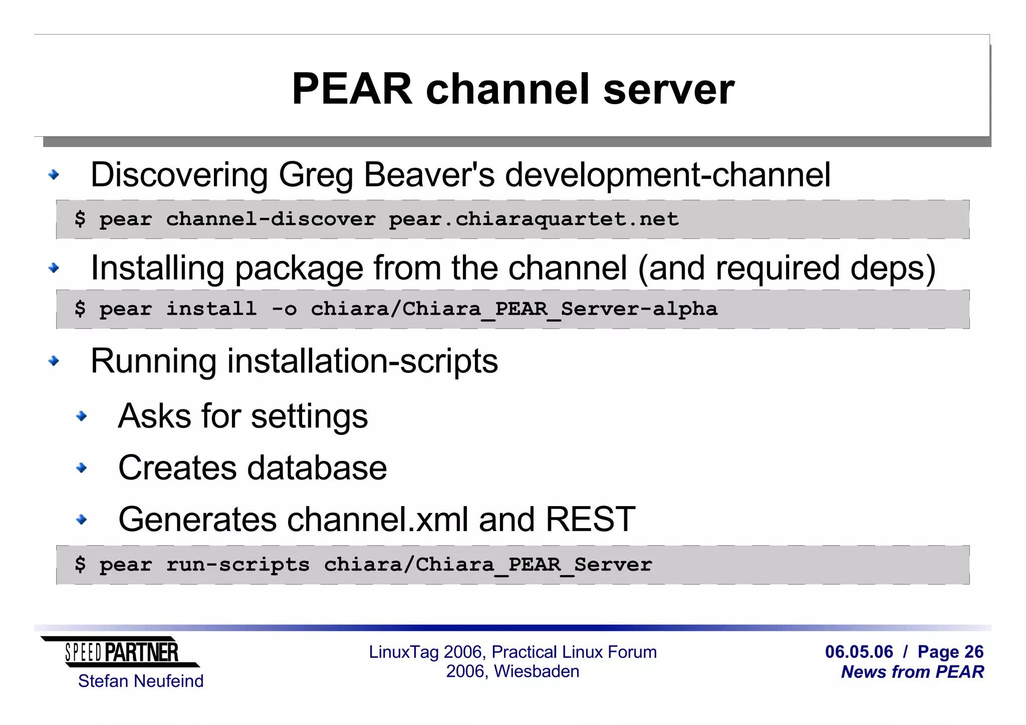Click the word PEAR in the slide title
(x=352, y=89)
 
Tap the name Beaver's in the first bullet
(x=429, y=175)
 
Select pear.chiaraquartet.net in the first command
(x=534, y=219)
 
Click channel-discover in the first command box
(x=271, y=219)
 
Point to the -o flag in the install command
(x=284, y=309)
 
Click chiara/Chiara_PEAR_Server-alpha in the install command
(x=514, y=309)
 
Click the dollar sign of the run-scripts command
(x=80, y=565)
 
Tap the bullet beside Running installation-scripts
(x=54, y=361)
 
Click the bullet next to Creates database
(x=81, y=468)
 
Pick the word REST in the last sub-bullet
(x=590, y=519)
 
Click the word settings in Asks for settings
(x=309, y=416)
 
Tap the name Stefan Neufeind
(x=141, y=681)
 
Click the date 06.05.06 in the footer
(x=859, y=652)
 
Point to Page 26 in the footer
(x=950, y=652)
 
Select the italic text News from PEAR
(x=912, y=672)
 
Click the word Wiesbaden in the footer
(x=537, y=671)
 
